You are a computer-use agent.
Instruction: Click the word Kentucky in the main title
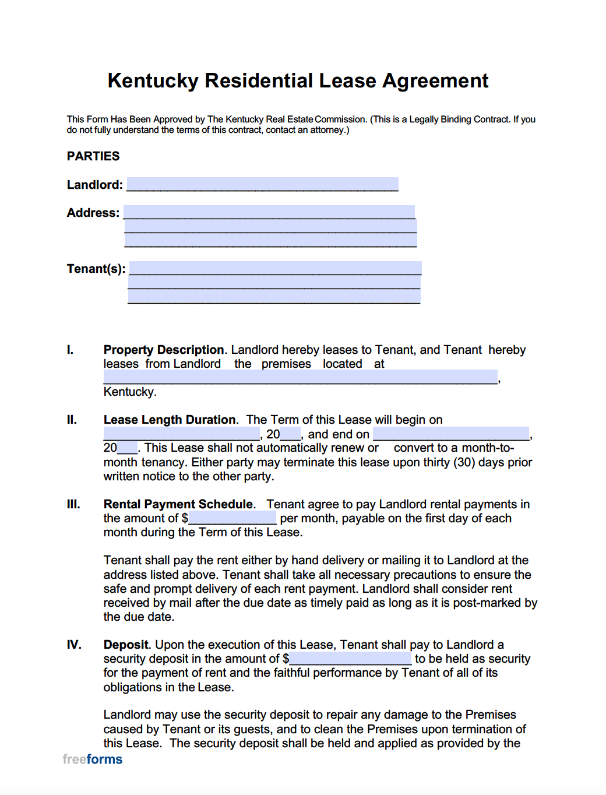coord(153,80)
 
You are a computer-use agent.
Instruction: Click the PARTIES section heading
coord(93,156)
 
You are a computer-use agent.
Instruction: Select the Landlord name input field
coord(262,184)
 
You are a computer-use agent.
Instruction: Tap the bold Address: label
coord(93,213)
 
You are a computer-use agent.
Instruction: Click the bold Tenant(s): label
coord(96,269)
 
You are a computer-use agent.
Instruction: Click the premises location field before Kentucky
coord(300,377)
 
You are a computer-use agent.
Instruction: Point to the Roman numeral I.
coord(70,350)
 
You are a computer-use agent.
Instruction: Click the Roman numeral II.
coord(72,420)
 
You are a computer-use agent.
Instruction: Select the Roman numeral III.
coord(73,504)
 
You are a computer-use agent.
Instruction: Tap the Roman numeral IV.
coord(74,645)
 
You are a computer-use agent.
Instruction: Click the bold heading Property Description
coord(164,350)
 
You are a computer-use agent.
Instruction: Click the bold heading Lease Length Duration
coord(170,420)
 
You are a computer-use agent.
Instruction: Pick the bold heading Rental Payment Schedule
coord(178,504)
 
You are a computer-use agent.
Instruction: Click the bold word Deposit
coord(126,645)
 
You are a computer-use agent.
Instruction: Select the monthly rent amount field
coord(232,518)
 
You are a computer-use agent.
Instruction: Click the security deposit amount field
coord(350,659)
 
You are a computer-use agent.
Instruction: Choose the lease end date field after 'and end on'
coord(451,434)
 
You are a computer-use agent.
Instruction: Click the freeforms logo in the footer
coord(93,759)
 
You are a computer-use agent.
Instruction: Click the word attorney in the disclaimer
coord(327,130)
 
